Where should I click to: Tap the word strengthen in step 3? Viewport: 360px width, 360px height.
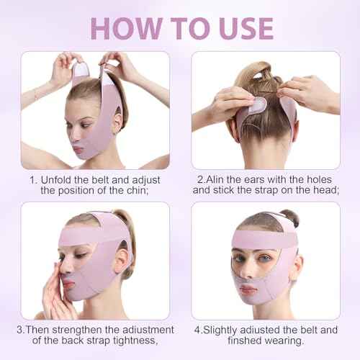(82, 332)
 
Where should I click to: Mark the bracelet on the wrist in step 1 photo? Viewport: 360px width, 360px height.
(34, 94)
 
